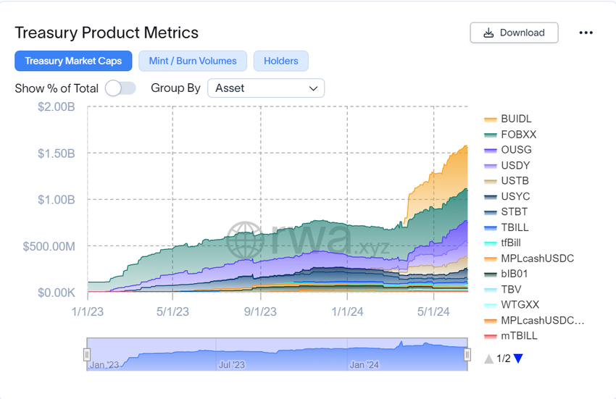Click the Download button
[x=514, y=33]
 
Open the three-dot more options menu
[x=586, y=33]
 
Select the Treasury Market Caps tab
[x=73, y=61]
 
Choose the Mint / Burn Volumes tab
[x=193, y=61]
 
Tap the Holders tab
[x=281, y=61]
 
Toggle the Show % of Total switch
[x=120, y=88]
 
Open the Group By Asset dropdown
[x=266, y=88]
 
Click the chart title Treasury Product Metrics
[x=107, y=33]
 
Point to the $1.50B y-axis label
[x=57, y=154]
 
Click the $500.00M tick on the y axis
[x=49, y=246]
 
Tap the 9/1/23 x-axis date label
[x=259, y=311]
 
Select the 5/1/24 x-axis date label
[x=433, y=311]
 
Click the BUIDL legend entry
[x=516, y=119]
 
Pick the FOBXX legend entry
[x=518, y=135]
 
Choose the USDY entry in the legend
[x=515, y=166]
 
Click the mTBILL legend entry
[x=519, y=336]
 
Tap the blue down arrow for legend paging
[x=518, y=358]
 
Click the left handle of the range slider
[x=87, y=354]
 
